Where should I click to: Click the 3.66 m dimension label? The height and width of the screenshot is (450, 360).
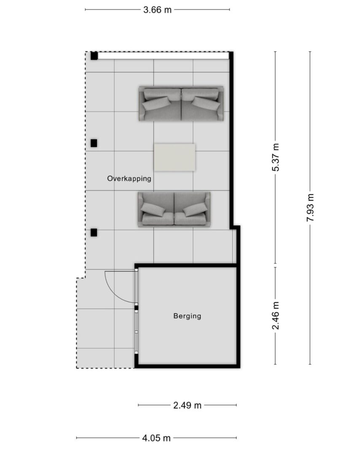click(157, 10)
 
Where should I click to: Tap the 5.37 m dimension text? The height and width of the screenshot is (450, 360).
click(275, 157)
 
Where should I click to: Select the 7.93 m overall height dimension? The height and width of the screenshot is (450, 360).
click(310, 207)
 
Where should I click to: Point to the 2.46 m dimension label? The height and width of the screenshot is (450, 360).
click(275, 316)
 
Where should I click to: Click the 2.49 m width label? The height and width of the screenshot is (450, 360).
click(187, 405)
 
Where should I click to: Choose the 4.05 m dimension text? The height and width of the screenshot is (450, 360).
click(156, 438)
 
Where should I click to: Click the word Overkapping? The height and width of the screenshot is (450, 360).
click(129, 178)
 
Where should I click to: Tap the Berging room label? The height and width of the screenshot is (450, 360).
click(187, 316)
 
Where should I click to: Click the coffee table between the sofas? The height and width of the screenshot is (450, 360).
click(175, 157)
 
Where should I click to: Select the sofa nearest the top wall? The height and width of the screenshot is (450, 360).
click(181, 103)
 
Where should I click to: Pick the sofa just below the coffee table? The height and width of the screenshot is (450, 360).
click(174, 209)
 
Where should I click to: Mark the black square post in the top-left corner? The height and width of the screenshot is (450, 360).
click(94, 56)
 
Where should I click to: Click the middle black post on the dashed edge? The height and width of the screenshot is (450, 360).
click(94, 143)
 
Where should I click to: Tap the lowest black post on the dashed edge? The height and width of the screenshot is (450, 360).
click(94, 232)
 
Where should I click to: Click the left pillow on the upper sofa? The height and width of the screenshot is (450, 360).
click(156, 103)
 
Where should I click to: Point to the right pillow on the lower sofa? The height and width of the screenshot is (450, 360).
click(195, 210)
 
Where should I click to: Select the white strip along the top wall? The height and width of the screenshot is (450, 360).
click(164, 56)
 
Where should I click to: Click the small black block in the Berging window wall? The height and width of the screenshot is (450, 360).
click(137, 308)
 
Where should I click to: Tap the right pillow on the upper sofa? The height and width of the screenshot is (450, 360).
click(206, 103)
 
